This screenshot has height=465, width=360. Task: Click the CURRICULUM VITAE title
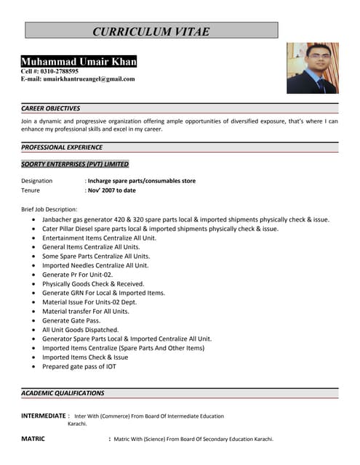[x=151, y=31]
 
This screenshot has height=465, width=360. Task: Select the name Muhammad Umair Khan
[x=79, y=62]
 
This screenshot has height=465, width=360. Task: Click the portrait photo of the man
[x=312, y=68]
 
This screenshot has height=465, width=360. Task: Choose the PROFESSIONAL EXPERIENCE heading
[x=62, y=147]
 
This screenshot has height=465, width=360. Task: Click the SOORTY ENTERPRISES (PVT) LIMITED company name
[x=75, y=164]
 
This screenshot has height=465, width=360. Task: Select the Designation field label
[x=37, y=180]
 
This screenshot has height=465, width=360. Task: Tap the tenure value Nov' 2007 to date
[x=112, y=190]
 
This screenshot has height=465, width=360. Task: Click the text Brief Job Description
[x=49, y=209]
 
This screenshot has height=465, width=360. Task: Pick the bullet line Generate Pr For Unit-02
[x=77, y=275]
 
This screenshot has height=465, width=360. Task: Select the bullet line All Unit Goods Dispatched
[x=80, y=329]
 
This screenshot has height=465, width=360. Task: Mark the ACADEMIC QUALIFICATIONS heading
[x=63, y=393]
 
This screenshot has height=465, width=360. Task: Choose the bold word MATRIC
[x=33, y=439]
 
